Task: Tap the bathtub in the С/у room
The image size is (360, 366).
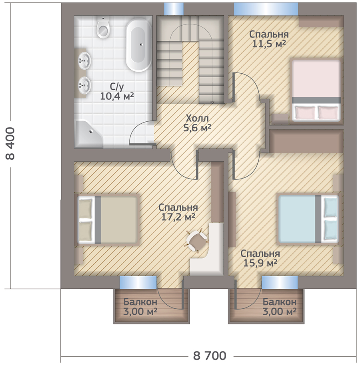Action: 139,45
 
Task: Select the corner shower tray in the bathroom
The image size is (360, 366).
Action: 89,134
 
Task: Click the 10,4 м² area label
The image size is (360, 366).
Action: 117,96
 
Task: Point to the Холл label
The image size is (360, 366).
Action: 197,119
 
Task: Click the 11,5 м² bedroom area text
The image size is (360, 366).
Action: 269,44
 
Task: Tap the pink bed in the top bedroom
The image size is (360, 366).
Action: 316,90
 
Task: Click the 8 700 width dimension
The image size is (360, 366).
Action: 210,356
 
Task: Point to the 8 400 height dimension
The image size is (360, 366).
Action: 10,143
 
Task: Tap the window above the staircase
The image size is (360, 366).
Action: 174,9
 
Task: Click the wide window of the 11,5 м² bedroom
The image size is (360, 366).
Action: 266,9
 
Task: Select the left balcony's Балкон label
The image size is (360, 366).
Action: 140,302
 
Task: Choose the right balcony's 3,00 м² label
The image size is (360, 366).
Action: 279,311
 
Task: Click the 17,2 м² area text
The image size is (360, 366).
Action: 178,217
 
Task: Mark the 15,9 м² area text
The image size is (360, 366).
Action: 260,263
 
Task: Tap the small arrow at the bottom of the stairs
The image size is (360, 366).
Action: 212,103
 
